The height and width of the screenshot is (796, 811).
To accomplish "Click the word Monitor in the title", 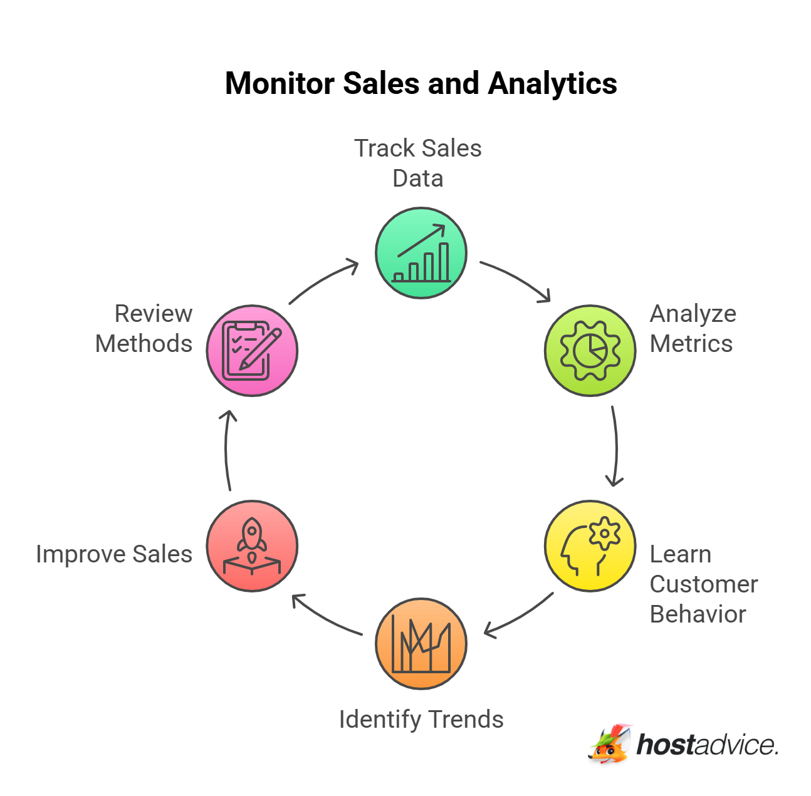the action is coord(280,83).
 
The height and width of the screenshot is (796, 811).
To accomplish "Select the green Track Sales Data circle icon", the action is coord(421,253).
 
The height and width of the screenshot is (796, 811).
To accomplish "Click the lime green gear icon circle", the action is coord(590,351).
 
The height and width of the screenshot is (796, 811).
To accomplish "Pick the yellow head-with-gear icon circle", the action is coord(590,545).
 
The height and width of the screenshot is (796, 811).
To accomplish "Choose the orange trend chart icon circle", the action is coord(421,643).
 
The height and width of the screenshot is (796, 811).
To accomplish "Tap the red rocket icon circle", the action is coord(252,545).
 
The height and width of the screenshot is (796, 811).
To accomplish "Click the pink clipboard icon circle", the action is coord(252,351).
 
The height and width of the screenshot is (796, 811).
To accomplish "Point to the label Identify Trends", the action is coord(421,720).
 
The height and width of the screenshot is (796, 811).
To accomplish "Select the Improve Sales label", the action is coord(114,554).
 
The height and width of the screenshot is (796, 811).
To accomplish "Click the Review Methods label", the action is coord(144,329).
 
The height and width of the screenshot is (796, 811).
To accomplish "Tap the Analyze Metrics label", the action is coord(693,329).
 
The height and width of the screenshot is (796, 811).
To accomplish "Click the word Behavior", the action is coord(698,614).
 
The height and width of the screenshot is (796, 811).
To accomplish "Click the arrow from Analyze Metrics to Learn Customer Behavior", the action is coord(616,446).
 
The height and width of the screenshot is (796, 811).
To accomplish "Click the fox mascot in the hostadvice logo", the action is coord(610,744).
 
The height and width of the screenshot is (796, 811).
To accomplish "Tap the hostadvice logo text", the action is coord(708,745).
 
